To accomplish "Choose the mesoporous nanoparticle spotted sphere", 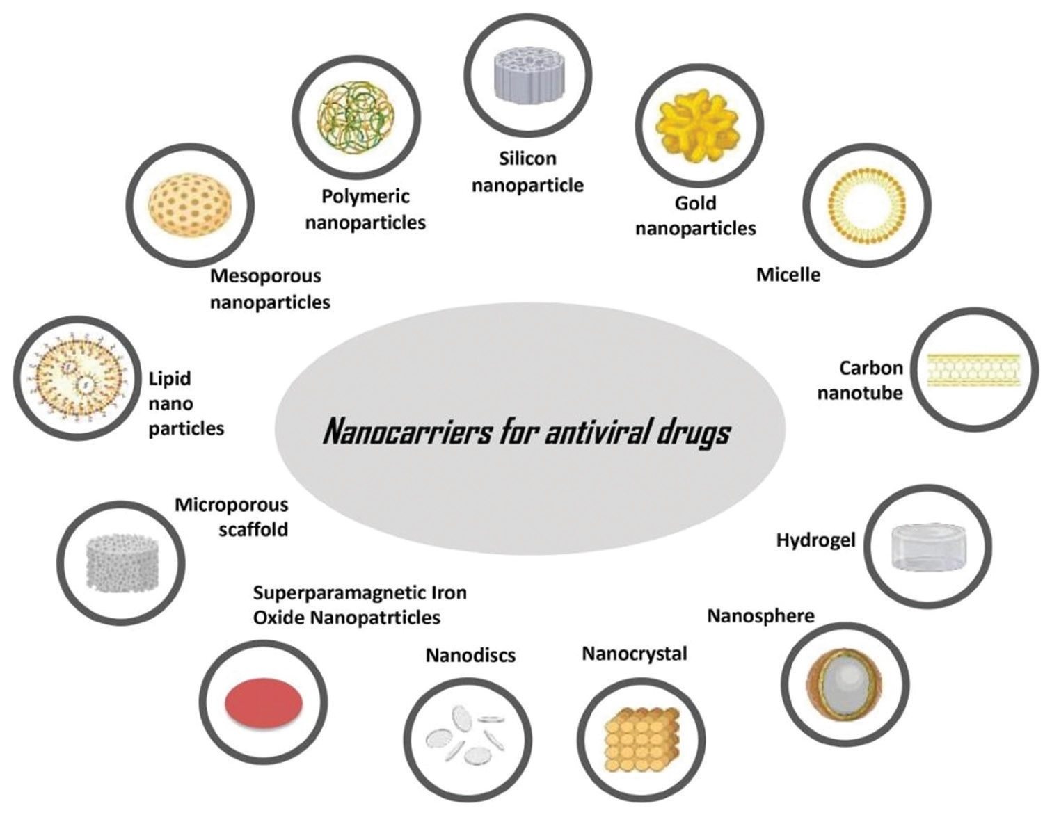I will pyautogui.click(x=191, y=206).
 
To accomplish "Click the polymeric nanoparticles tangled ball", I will pyautogui.click(x=356, y=115).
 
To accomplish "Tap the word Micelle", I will pyautogui.click(x=788, y=275).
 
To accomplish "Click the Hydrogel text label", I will pyautogui.click(x=815, y=540).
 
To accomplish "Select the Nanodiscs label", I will pyautogui.click(x=470, y=655).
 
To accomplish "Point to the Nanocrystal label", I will pyautogui.click(x=634, y=654).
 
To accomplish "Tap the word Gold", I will pyautogui.click(x=694, y=203).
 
